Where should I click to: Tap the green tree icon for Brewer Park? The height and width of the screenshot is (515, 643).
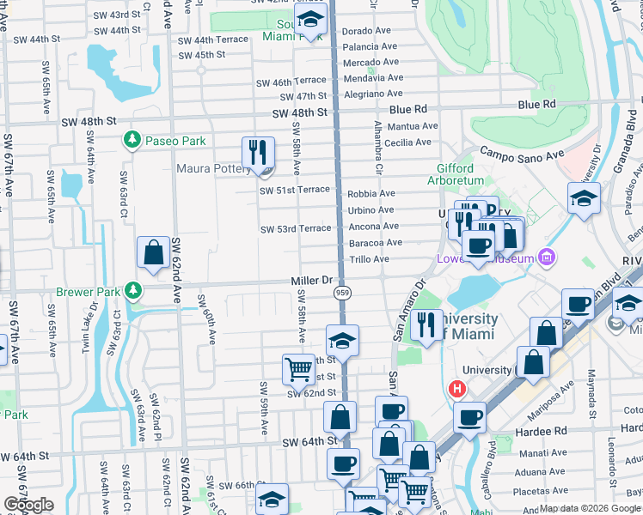click(x=132, y=292)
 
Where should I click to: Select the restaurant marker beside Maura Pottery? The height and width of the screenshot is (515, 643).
click(x=258, y=154)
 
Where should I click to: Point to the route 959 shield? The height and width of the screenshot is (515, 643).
click(x=341, y=293)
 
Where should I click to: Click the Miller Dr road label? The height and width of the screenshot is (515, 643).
click(x=311, y=281)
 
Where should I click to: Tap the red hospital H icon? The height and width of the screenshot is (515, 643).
click(x=456, y=389)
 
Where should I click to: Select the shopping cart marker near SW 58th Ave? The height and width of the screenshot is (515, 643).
click(x=298, y=369)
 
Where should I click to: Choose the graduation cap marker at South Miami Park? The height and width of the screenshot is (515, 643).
click(x=308, y=19)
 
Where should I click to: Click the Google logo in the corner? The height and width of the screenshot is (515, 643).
click(x=29, y=506)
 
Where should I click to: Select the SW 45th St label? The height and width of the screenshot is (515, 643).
click(x=202, y=54)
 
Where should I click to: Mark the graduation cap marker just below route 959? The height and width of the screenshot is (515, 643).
click(x=342, y=342)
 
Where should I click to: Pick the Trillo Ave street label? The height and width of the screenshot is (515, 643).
click(x=369, y=258)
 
